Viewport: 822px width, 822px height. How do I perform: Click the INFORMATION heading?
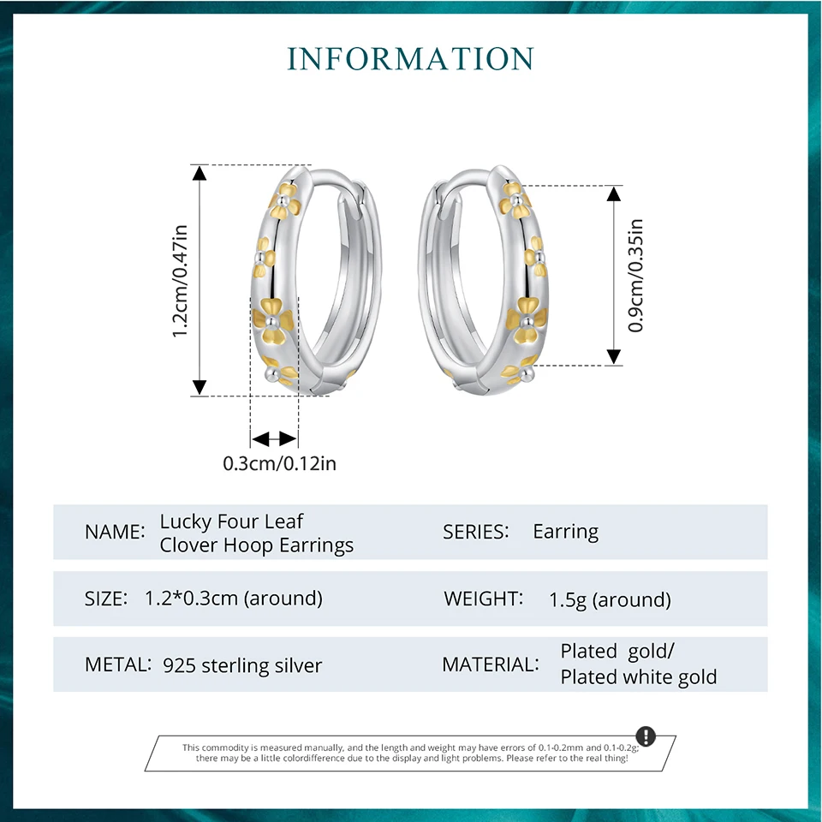coord(411,58)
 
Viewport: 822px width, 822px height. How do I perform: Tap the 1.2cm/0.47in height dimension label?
coord(180,280)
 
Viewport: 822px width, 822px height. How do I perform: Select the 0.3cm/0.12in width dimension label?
coord(280,464)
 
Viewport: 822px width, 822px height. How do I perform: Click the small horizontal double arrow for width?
coord(274,438)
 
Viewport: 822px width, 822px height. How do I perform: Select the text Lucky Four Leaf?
coord(231,521)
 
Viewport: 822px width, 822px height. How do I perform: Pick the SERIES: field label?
coord(476,532)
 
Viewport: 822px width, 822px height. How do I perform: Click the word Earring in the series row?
coord(565,532)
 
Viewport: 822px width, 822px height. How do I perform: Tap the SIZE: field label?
coord(106,599)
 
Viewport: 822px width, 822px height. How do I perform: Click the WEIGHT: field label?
coord(483,599)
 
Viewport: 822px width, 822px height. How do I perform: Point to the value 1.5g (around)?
coord(610,599)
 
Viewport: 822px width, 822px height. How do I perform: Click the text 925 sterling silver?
coord(242,665)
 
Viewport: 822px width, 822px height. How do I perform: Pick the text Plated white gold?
coord(639,677)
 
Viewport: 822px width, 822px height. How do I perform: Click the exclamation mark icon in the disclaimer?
coord(646,736)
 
